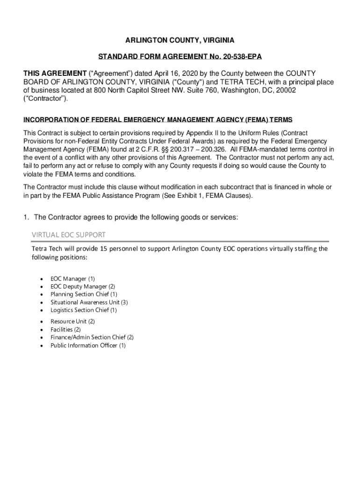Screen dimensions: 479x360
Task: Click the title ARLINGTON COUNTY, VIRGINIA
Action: click(x=180, y=40)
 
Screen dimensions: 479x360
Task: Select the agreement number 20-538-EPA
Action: click(x=238, y=57)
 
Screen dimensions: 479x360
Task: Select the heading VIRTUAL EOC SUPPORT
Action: click(x=68, y=234)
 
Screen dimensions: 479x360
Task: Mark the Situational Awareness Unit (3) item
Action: click(x=89, y=302)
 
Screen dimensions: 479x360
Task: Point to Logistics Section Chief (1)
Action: click(x=84, y=310)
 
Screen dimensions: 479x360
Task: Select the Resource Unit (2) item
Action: click(x=72, y=321)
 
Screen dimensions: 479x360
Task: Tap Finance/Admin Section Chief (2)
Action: click(x=92, y=337)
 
